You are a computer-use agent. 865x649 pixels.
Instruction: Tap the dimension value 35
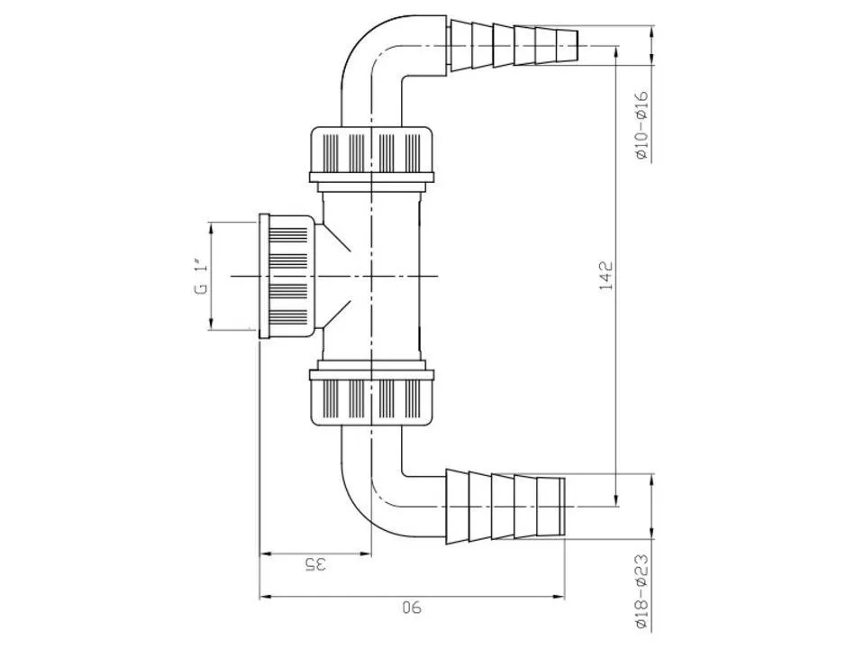coord(314,565)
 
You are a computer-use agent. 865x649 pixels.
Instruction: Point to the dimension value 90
coord(412,608)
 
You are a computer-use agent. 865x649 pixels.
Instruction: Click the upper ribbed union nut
coord(372,152)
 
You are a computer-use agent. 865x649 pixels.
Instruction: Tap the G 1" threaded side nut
coord(287,276)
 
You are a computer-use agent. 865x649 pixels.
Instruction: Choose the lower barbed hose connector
coord(505,505)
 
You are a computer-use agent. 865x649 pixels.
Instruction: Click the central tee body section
coord(372,275)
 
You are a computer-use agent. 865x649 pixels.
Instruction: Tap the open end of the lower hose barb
coord(563,506)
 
